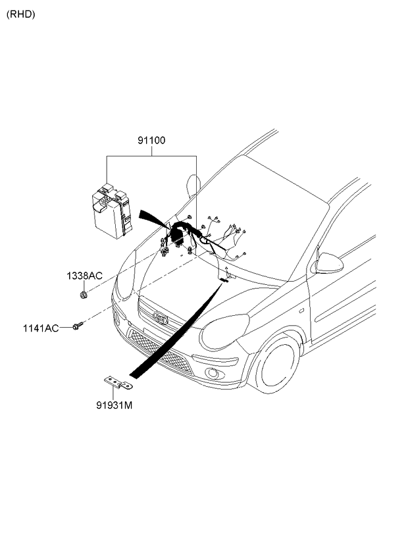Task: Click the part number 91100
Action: (x=151, y=140)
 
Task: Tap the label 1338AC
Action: (x=84, y=276)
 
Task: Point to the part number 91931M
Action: (x=115, y=405)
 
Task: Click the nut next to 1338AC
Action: (x=84, y=294)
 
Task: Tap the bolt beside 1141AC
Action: (x=78, y=325)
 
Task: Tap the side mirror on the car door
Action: (x=329, y=263)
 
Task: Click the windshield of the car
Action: (x=276, y=217)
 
